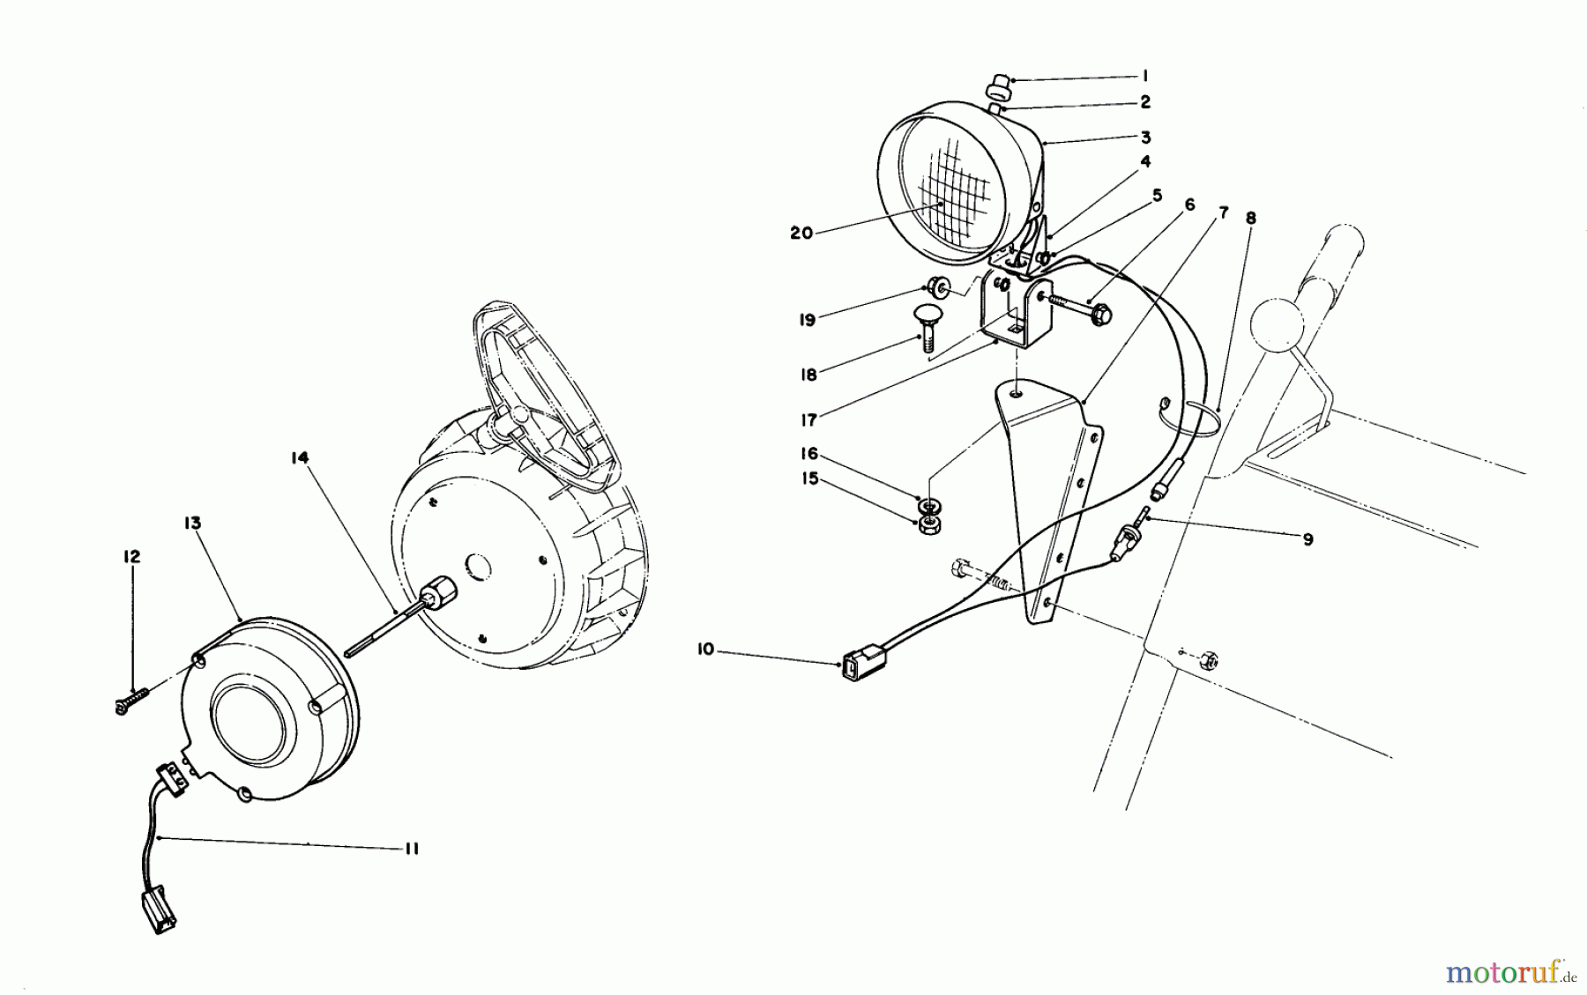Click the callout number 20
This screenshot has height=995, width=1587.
[802, 233]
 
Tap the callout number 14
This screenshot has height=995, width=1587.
[302, 457]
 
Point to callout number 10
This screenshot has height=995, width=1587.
[704, 650]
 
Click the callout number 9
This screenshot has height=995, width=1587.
[1308, 538]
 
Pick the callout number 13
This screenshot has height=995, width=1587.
[192, 523]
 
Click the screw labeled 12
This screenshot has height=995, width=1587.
[129, 703]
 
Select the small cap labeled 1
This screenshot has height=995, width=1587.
[999, 86]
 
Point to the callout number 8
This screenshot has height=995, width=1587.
[1250, 217]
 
